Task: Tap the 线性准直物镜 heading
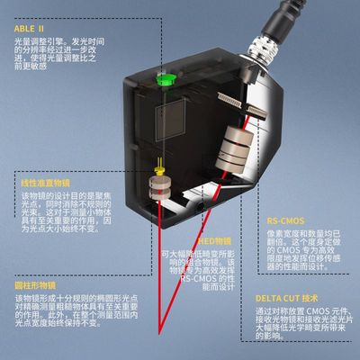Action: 45,183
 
